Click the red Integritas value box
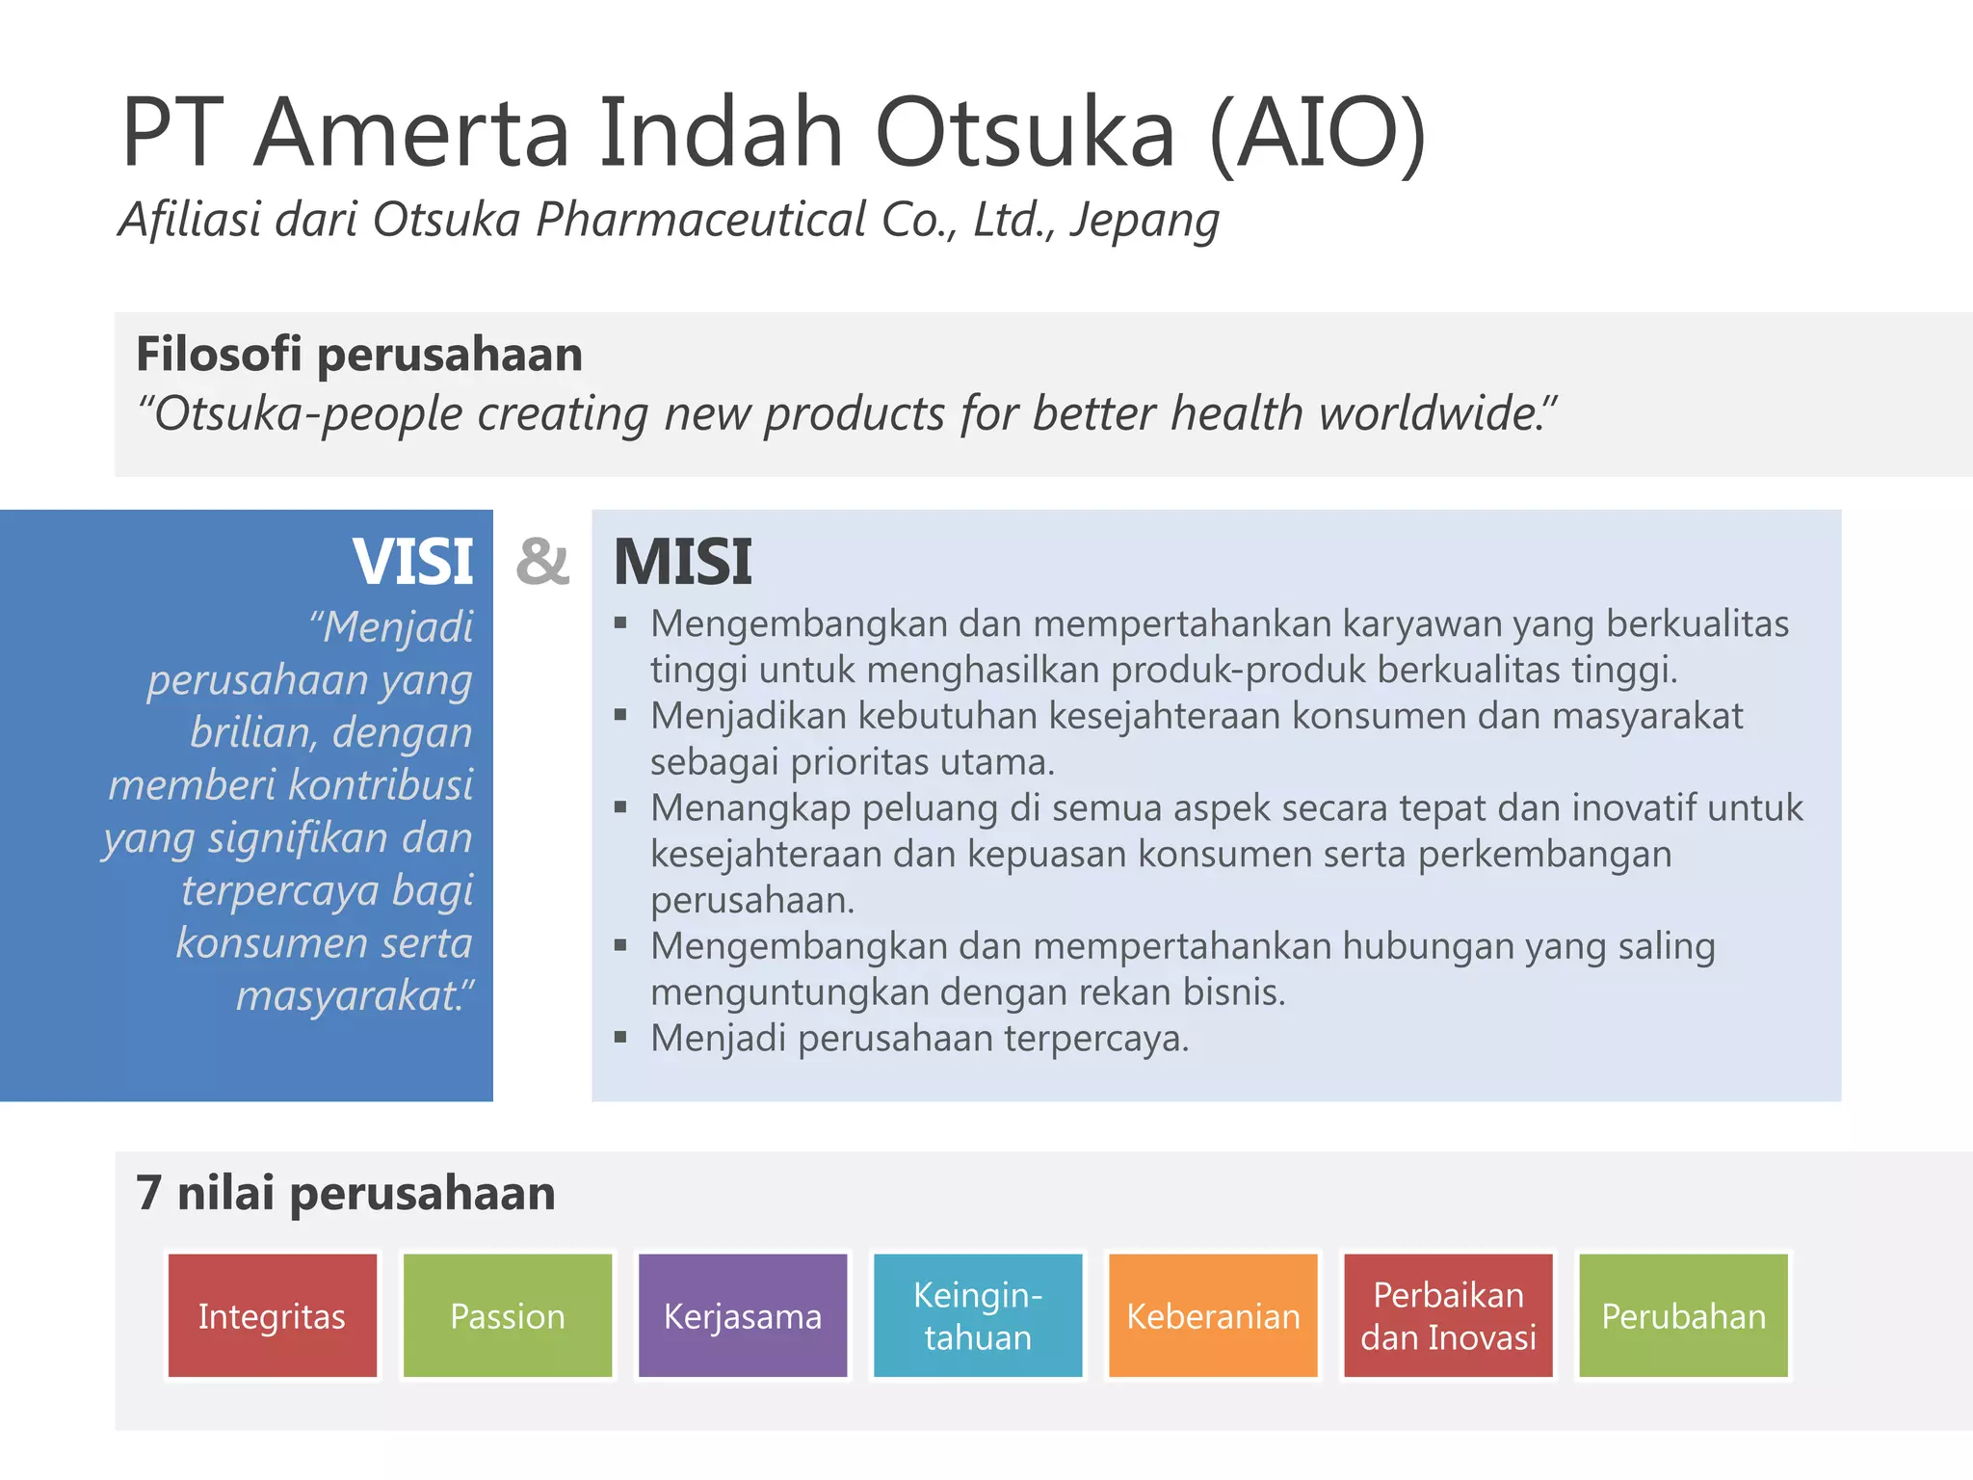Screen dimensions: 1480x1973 click(272, 1316)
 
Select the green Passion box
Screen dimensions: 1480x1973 click(508, 1316)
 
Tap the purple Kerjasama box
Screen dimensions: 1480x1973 click(743, 1316)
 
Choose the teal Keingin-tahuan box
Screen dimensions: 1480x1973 click(978, 1316)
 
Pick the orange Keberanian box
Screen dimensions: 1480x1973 click(1213, 1316)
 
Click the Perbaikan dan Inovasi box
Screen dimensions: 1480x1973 click(1448, 1316)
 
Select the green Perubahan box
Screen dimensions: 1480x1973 click(1683, 1316)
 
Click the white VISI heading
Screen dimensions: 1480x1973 click(412, 562)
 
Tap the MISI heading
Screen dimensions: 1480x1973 click(682, 562)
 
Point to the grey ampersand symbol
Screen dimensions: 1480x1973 click(542, 562)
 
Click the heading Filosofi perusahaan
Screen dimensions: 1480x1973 click(359, 355)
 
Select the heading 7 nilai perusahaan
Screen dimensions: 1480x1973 click(346, 1194)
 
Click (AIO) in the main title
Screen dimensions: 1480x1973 click(1317, 133)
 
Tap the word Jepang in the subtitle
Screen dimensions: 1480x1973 click(1144, 221)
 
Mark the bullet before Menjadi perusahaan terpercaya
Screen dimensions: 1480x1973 click(620, 1038)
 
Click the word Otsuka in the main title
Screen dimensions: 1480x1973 click(1024, 133)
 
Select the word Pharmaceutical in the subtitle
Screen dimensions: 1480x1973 click(701, 221)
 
